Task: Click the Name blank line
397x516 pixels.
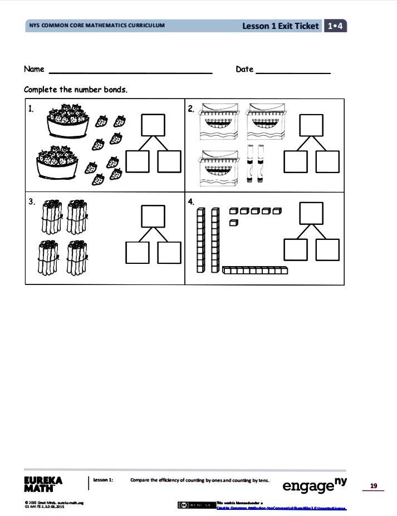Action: pyautogui.click(x=131, y=72)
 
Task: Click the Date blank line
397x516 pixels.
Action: pyautogui.click(x=293, y=72)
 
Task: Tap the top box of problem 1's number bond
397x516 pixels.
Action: pyautogui.click(x=153, y=125)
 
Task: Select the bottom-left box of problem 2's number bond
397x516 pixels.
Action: pyautogui.click(x=295, y=161)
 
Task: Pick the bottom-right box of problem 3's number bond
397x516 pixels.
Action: pyautogui.click(x=169, y=253)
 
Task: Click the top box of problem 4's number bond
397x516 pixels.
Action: pyautogui.click(x=312, y=213)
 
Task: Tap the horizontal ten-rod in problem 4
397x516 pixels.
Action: pyautogui.click(x=256, y=271)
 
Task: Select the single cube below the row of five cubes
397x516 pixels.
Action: pyautogui.click(x=234, y=223)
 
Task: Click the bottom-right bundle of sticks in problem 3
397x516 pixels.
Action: pyautogui.click(x=76, y=257)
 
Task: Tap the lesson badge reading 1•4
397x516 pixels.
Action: pyautogui.click(x=335, y=26)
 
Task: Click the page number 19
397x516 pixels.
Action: pyautogui.click(x=374, y=486)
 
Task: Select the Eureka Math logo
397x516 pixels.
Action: pyautogui.click(x=43, y=484)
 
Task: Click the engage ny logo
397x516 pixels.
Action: pyautogui.click(x=315, y=485)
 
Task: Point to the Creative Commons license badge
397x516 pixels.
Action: pyautogui.click(x=196, y=505)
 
